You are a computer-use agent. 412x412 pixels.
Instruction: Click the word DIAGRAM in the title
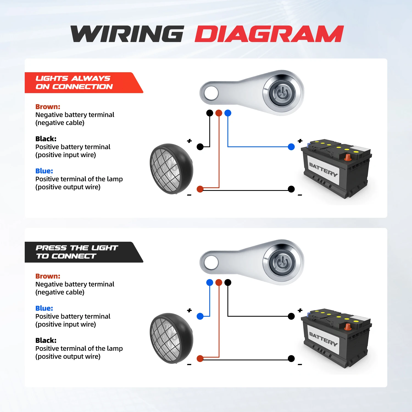269,34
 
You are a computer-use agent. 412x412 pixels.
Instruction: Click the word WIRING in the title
127,34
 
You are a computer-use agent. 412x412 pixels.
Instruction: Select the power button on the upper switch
282,93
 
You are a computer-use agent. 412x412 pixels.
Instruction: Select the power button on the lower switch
282,262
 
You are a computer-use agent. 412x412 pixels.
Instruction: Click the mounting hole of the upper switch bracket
211,93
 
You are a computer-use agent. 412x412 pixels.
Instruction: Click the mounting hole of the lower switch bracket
211,263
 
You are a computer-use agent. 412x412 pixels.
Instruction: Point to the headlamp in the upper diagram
171,169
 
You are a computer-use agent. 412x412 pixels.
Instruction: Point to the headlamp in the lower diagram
171,338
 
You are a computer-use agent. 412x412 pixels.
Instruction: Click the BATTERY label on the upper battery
323,169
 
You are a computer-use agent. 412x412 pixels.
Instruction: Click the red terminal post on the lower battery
348,327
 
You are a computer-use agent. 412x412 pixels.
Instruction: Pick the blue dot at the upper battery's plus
291,147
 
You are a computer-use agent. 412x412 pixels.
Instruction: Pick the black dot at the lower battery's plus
291,316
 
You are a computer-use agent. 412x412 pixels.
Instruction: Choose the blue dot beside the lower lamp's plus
200,316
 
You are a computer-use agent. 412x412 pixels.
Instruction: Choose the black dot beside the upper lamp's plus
200,147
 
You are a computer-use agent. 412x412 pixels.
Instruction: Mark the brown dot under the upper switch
219,113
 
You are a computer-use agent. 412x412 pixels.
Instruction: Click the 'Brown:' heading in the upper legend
48,107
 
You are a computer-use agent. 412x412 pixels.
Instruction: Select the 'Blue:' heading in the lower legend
44,308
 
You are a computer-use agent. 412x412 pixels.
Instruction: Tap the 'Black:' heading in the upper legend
46,139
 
